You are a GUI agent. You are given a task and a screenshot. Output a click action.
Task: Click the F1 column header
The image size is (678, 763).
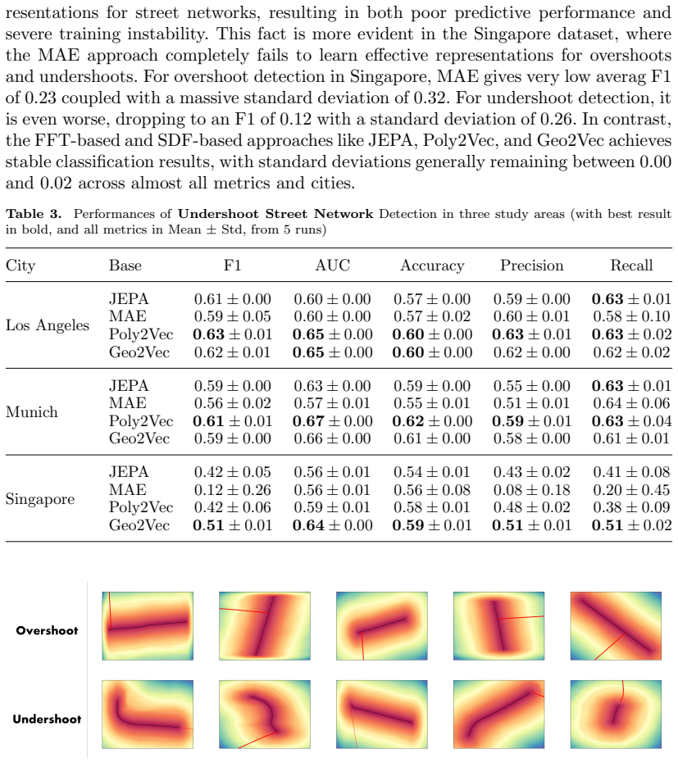[232, 266]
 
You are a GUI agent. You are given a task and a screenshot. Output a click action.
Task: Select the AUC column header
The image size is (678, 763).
[332, 266]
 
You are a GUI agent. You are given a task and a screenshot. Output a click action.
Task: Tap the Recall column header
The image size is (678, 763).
[632, 266]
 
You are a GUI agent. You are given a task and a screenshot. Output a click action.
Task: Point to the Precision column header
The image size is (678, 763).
[532, 266]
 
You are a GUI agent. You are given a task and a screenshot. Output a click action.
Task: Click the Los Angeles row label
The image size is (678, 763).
[48, 325]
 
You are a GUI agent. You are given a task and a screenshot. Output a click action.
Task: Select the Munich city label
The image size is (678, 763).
[32, 412]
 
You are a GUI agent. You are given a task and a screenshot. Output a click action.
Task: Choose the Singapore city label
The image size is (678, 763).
[40, 499]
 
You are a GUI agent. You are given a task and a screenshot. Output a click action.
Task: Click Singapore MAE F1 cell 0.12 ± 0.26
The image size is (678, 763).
[232, 489]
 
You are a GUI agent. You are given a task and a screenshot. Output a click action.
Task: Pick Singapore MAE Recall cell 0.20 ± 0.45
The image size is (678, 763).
[632, 489]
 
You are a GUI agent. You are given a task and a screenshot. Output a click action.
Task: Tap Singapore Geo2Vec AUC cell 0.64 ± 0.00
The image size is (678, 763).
[332, 525]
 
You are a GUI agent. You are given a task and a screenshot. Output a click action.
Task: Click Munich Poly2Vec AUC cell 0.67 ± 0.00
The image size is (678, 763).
[332, 421]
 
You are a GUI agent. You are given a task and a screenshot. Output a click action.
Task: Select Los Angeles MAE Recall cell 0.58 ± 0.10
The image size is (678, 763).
[632, 316]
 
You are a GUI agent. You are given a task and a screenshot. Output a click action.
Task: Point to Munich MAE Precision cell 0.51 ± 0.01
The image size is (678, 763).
[532, 403]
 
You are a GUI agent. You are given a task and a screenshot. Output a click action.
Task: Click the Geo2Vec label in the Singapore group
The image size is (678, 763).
[139, 525]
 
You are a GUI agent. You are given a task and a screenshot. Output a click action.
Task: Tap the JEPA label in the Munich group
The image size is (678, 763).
[129, 385]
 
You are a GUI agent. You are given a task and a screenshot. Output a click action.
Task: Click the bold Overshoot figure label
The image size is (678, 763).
[47, 631]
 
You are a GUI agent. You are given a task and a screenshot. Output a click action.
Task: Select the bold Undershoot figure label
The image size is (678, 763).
[47, 720]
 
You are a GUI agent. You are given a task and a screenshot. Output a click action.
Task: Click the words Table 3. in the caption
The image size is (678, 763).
[34, 214]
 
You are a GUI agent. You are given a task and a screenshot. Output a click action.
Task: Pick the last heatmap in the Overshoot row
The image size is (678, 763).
[616, 626]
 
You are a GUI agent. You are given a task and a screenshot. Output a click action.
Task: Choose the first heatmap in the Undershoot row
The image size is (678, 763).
[148, 715]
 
